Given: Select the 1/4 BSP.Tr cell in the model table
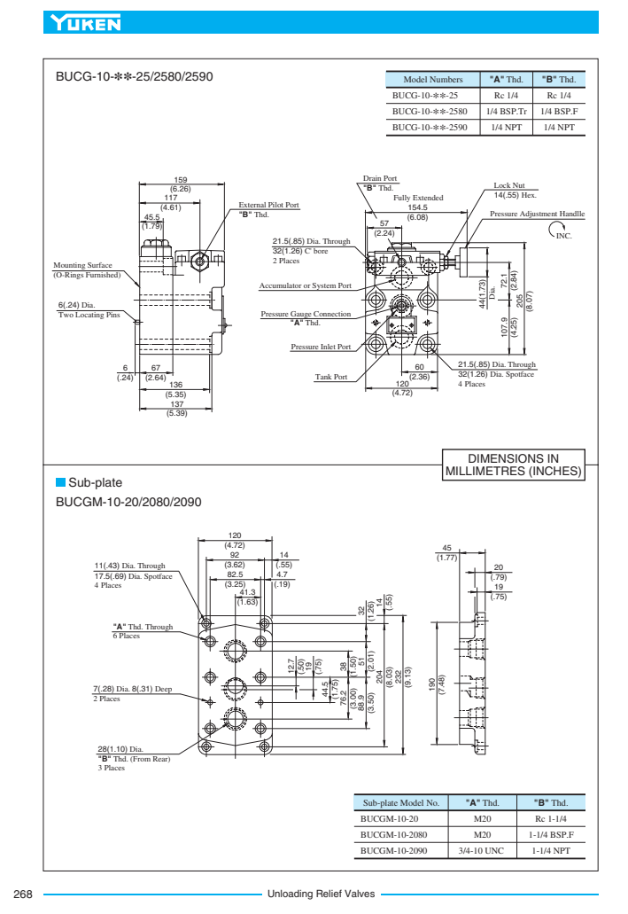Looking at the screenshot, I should tap(506, 111).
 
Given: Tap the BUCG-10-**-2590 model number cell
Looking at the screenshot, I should tap(430, 127).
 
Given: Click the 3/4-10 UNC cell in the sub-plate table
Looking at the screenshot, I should tap(482, 850).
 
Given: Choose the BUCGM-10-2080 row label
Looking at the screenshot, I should tap(394, 834).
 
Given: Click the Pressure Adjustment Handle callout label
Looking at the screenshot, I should tap(537, 215).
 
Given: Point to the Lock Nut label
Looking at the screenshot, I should tap(509, 185).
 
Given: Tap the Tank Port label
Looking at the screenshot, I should tap(331, 377).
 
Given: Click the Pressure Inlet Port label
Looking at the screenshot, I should tap(321, 347).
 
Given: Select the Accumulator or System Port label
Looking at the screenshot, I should tap(305, 285).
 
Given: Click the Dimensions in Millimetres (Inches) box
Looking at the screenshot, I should tap(513, 465).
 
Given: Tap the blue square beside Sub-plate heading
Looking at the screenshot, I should tap(60, 482).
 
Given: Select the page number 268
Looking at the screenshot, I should tap(23, 894).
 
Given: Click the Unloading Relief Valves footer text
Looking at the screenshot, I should tap(321, 894).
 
